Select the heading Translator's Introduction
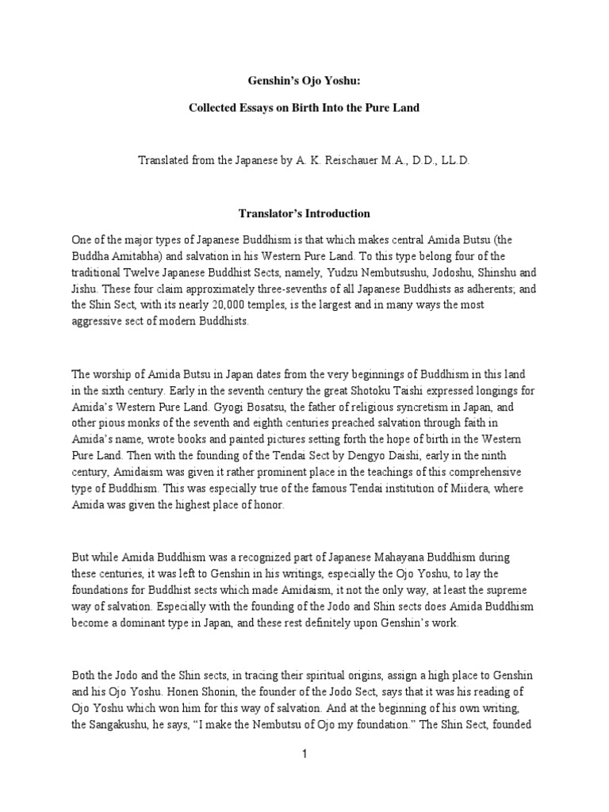[x=304, y=213]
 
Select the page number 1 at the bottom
[x=304, y=755]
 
